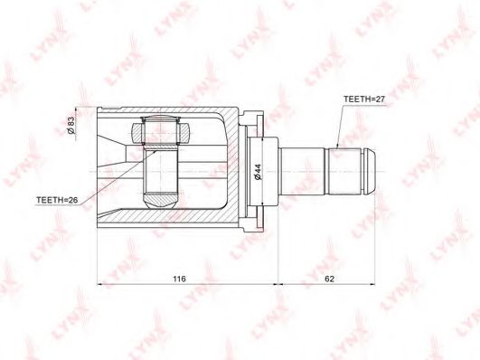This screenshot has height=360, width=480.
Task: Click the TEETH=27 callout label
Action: coord(364,99)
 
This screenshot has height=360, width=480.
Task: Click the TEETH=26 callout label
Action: coord(57,200)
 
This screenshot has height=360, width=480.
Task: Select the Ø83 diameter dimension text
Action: coord(71,125)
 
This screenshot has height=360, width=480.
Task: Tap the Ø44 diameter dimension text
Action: coord(258,172)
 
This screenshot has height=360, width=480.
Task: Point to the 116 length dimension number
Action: coord(179,279)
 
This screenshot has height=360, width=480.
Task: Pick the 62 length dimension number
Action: coord(329,279)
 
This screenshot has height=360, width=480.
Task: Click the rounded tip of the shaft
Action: coord(371,172)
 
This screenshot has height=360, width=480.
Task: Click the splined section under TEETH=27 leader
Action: coord(344,172)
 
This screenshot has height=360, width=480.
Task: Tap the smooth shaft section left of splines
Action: coord(302,172)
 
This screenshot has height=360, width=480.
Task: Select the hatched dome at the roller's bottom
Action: coord(160,201)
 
